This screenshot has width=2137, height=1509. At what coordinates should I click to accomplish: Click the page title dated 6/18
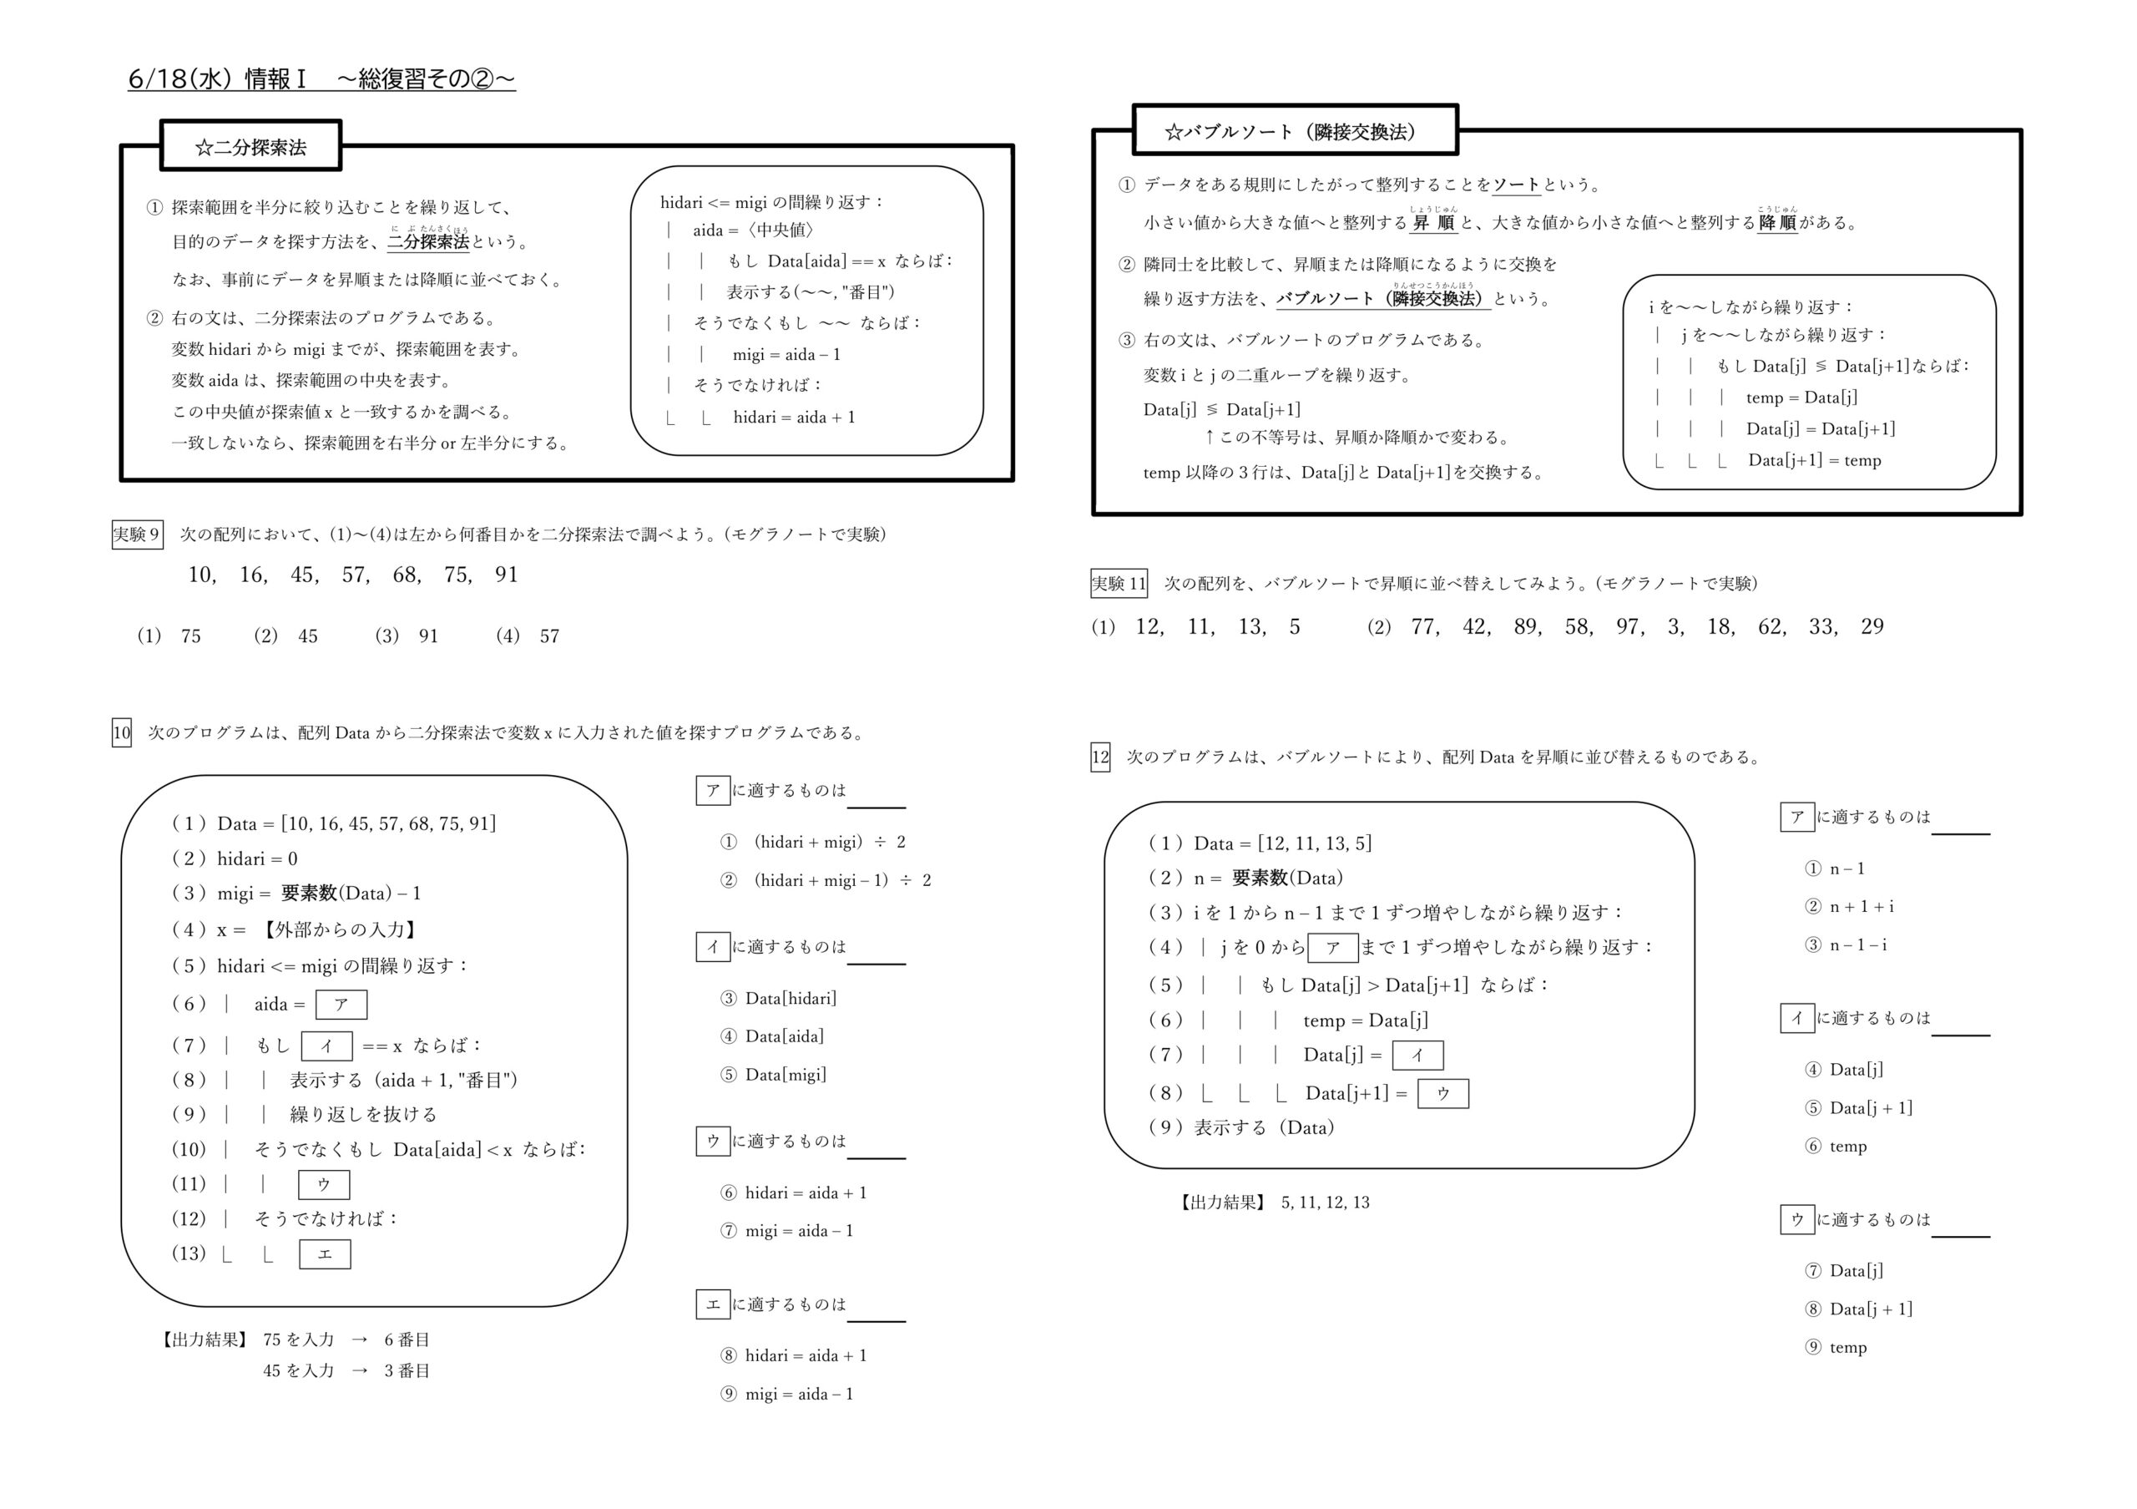pyautogui.click(x=321, y=79)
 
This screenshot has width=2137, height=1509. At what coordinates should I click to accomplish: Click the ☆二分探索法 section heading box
pyautogui.click(x=250, y=146)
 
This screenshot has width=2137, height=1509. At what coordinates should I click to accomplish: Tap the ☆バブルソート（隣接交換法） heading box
pyautogui.click(x=1294, y=131)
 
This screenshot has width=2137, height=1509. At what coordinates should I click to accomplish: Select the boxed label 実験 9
pyautogui.click(x=137, y=534)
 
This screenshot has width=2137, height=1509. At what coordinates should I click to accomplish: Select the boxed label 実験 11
pyautogui.click(x=1118, y=584)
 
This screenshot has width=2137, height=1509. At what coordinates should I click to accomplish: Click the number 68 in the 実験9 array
pyautogui.click(x=405, y=575)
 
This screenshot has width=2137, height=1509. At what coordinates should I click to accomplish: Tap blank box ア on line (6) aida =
pyautogui.click(x=341, y=1005)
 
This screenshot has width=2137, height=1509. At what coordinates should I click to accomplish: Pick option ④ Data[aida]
pyautogui.click(x=772, y=1036)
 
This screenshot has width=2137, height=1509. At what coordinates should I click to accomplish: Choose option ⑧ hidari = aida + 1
pyautogui.click(x=793, y=1355)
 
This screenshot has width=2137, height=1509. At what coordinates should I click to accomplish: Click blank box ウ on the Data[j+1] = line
pyautogui.click(x=1442, y=1094)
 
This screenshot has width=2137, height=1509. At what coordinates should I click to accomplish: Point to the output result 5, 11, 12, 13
pyautogui.click(x=1325, y=1203)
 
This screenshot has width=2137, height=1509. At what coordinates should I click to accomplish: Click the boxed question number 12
pyautogui.click(x=1100, y=757)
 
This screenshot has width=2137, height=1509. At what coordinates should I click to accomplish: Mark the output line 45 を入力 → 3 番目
pyautogui.click(x=346, y=1371)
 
